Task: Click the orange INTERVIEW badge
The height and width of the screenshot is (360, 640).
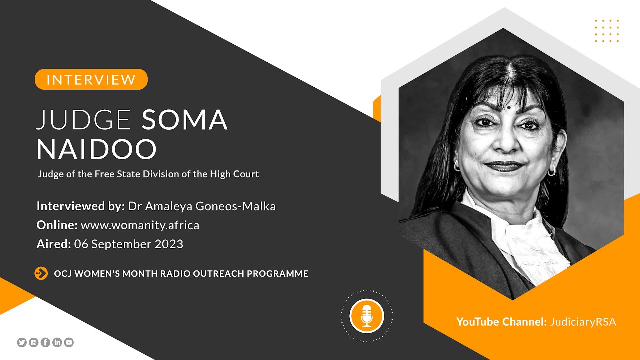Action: [91, 79]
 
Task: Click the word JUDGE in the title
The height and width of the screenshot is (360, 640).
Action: [84, 120]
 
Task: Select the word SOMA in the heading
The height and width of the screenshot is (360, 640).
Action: [185, 120]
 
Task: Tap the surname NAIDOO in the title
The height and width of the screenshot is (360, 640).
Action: [97, 149]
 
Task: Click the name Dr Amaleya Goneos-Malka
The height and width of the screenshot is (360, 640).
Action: [202, 206]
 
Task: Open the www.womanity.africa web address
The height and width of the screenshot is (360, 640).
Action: [140, 225]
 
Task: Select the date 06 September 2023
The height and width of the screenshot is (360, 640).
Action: [128, 244]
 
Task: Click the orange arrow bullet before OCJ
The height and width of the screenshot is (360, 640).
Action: [41, 273]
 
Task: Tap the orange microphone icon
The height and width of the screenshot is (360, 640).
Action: [367, 316]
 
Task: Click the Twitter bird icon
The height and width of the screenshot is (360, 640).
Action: [22, 342]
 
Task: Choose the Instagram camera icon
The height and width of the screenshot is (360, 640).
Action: [34, 342]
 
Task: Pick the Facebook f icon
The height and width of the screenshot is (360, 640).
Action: [45, 342]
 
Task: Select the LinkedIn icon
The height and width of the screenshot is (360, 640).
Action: [57, 342]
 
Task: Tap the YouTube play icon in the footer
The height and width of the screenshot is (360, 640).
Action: [69, 342]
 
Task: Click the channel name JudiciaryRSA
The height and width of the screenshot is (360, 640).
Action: [583, 322]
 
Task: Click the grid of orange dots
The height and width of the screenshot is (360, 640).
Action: [607, 31]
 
